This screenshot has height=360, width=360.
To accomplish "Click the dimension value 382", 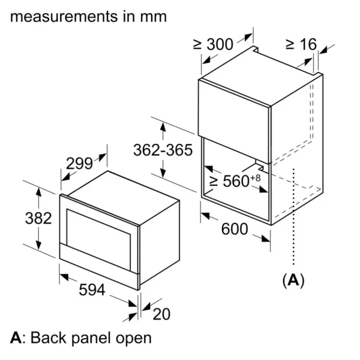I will pyautogui.click(x=38, y=218).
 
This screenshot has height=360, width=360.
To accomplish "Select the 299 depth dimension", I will pyautogui.click(x=79, y=163).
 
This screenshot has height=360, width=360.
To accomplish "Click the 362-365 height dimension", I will pyautogui.click(x=163, y=150).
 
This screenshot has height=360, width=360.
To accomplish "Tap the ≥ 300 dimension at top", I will pyautogui.click(x=213, y=44).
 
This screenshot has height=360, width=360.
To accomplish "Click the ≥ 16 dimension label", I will pyautogui.click(x=301, y=44).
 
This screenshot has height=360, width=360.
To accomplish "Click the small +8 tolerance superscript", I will pyautogui.click(x=255, y=177).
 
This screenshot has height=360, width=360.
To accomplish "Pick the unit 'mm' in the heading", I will pyautogui.click(x=153, y=16).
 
